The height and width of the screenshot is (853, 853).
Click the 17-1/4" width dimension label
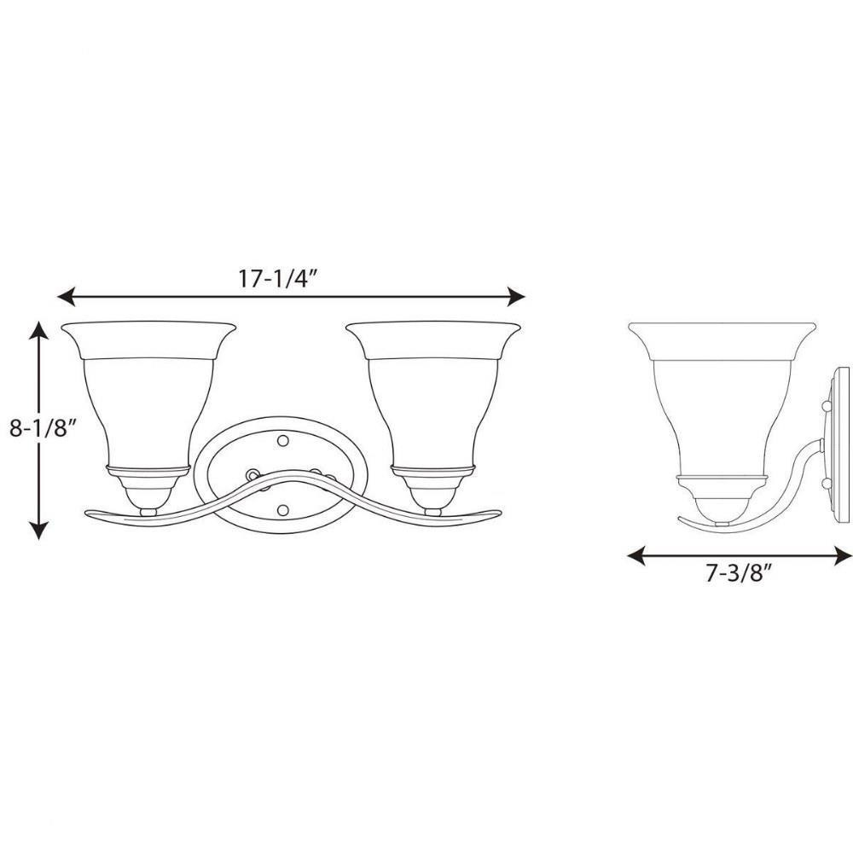tap(277, 279)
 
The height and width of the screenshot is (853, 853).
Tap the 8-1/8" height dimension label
tap(41, 429)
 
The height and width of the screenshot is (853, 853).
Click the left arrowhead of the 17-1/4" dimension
tap(66, 297)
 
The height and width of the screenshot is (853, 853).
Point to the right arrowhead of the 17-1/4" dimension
tap(516, 297)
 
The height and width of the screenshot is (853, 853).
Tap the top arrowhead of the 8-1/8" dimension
tap(39, 329)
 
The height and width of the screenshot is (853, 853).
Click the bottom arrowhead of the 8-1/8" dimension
tap(39, 531)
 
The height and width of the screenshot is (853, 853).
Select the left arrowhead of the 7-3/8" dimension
tap(636, 556)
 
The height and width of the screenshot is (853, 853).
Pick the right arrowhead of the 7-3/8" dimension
tap(844, 556)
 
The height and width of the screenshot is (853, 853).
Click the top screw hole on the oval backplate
tap(282, 439)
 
